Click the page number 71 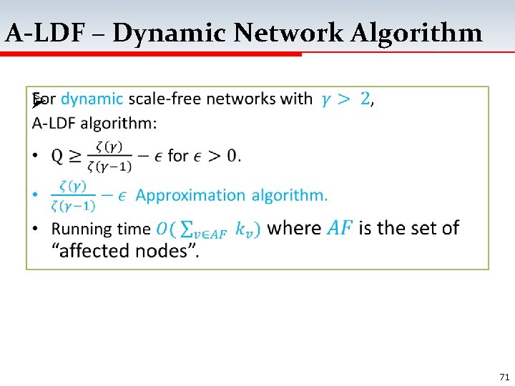click(503, 376)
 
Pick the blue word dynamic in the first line click(92, 99)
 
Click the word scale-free click(165, 99)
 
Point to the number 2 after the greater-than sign click(365, 99)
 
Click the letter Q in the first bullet click(57, 156)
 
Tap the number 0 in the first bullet click(232, 156)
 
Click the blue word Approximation click(190, 195)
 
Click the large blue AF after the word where click(340, 229)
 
